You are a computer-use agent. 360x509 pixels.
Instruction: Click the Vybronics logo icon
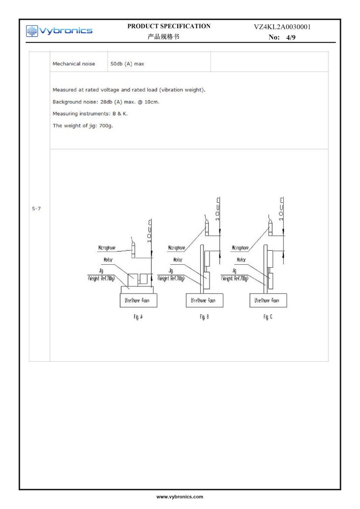click(32, 31)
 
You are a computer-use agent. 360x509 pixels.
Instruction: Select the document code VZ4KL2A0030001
click(282, 27)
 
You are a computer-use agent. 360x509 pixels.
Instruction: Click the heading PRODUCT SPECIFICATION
click(169, 26)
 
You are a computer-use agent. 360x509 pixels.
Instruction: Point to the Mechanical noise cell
click(74, 64)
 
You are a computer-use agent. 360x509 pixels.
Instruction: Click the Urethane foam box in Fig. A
click(138, 301)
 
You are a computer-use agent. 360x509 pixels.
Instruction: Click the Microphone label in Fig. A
click(107, 248)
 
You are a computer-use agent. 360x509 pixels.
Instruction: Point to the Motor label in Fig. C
click(241, 260)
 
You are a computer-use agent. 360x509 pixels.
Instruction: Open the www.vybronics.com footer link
click(180, 496)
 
